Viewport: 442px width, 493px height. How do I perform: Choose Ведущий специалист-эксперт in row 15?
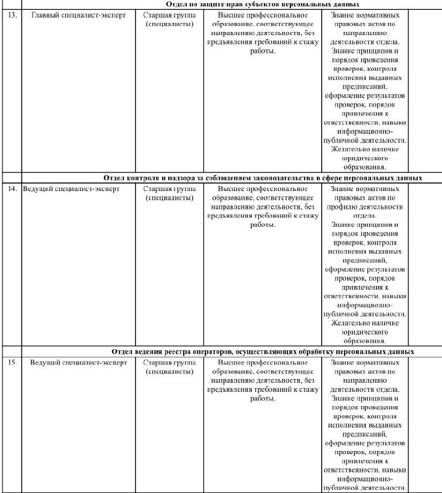point(78,362)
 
